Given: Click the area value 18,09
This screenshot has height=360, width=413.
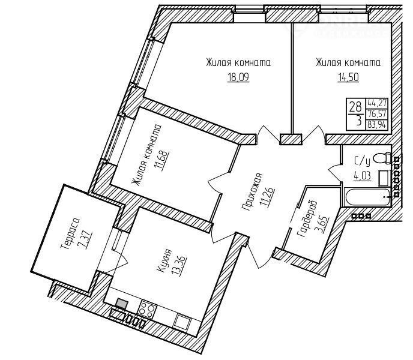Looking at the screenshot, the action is click(x=238, y=77).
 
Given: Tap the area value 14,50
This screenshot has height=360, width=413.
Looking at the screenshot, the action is click(x=348, y=77).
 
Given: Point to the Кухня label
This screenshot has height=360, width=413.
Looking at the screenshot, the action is click(x=165, y=260).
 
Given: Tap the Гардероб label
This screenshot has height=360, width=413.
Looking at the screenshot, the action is click(x=307, y=218).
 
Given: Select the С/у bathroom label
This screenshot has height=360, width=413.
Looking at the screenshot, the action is click(x=362, y=161).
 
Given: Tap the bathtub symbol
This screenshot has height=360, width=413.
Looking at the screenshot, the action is click(x=367, y=197).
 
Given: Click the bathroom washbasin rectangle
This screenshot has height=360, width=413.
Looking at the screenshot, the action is click(x=384, y=178).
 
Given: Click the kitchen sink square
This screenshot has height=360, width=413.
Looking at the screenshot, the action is click(x=183, y=322).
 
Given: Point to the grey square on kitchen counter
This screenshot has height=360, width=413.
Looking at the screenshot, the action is click(x=122, y=304).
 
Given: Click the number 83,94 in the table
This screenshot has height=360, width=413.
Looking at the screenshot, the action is click(x=377, y=124).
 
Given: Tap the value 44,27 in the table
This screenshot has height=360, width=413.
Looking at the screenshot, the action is click(x=377, y=102).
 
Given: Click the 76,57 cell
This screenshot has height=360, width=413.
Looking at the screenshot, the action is click(x=377, y=113).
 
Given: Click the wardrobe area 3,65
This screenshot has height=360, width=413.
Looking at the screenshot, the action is click(x=323, y=226).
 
